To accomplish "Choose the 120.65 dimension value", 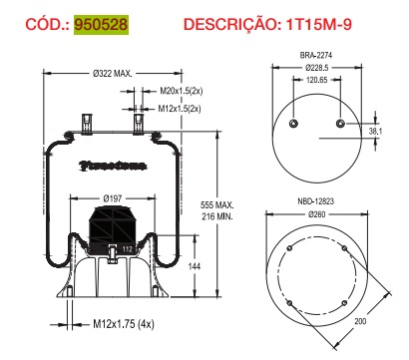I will coord(316,82).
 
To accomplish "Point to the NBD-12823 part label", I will coord(316,201).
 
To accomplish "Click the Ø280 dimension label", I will coord(316,213).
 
